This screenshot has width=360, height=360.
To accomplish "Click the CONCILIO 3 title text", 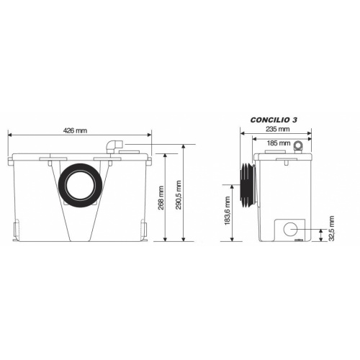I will (274, 120).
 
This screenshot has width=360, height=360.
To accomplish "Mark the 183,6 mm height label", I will (229, 212).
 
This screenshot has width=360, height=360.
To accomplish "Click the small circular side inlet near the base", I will (292, 230).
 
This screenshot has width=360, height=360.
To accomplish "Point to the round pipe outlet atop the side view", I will (300, 146).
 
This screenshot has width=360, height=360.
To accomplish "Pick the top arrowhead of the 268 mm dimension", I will (167, 155).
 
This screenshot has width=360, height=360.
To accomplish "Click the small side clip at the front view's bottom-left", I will (14, 229).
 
